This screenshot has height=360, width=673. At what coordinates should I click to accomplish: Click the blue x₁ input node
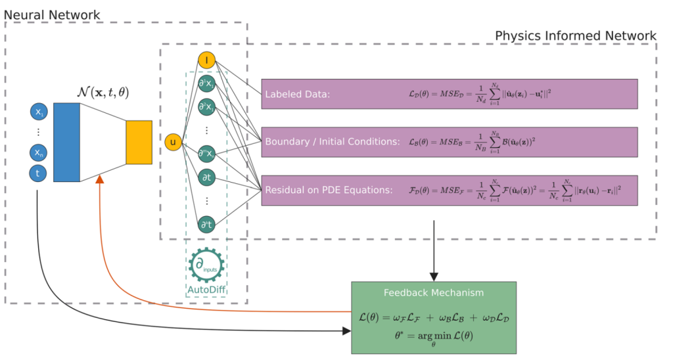(x=38, y=112)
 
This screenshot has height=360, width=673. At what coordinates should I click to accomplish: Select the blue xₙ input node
(x=38, y=154)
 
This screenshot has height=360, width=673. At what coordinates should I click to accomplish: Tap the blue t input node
(x=38, y=173)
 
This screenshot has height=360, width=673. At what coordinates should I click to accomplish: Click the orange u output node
(x=173, y=142)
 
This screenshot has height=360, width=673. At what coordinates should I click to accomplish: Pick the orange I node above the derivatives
(x=206, y=61)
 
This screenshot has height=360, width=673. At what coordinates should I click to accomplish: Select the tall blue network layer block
(x=66, y=142)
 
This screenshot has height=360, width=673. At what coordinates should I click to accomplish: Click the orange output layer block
(x=139, y=142)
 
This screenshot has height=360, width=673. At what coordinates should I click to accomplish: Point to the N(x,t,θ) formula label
(x=103, y=93)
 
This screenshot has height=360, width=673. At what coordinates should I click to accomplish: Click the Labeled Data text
(x=297, y=95)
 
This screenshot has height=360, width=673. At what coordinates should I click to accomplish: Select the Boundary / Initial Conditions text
(x=332, y=141)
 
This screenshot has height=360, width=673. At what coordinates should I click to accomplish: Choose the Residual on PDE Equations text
(x=329, y=190)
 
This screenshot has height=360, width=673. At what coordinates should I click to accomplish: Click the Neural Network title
(x=52, y=14)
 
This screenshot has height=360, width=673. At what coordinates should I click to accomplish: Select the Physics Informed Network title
(x=575, y=35)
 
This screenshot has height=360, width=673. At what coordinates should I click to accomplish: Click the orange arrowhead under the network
(x=99, y=180)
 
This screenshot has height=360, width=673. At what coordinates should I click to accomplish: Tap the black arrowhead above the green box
(x=434, y=276)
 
